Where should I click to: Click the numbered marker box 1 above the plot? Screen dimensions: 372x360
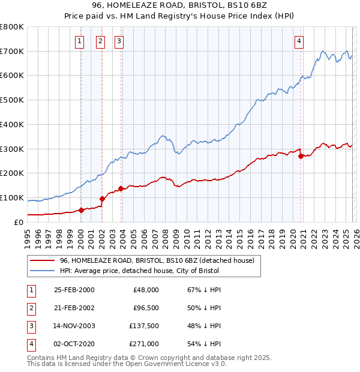(x=80, y=41)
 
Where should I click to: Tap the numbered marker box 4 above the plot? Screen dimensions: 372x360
(x=298, y=41)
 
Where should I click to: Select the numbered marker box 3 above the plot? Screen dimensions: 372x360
(x=119, y=41)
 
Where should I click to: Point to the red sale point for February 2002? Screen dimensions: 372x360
(x=102, y=199)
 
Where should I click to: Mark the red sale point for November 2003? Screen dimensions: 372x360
(x=121, y=188)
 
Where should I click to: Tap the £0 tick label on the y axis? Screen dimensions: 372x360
(x=18, y=222)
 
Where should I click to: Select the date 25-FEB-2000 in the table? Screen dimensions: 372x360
(x=74, y=290)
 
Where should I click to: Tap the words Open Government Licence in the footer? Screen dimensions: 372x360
(x=175, y=364)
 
